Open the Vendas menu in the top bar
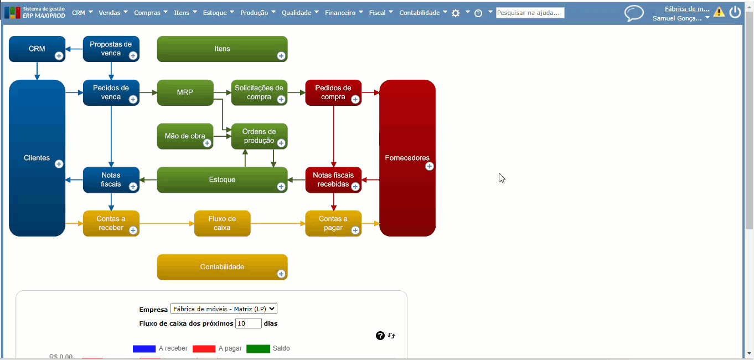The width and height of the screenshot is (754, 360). [x=113, y=13]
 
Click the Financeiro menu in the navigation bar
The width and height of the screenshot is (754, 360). [x=344, y=13]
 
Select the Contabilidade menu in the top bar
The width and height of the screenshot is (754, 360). [x=423, y=13]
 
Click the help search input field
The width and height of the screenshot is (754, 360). [x=530, y=13]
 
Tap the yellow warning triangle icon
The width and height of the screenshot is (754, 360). [x=719, y=12]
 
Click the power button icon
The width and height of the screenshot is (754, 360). [x=735, y=12]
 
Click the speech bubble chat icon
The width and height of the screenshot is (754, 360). [x=634, y=13]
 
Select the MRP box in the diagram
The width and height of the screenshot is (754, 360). [x=185, y=92]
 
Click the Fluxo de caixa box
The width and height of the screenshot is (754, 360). [x=222, y=223]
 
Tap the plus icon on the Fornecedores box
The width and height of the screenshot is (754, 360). [x=429, y=166]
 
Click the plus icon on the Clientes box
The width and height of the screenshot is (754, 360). [x=59, y=164]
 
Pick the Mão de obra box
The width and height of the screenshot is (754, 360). [x=185, y=136]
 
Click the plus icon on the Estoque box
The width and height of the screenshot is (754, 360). [x=281, y=187]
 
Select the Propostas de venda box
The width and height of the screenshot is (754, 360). [x=111, y=49]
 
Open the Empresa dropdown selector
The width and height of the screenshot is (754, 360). [x=224, y=309]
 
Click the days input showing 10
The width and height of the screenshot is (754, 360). [x=248, y=323]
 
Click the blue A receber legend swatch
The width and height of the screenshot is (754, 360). [x=144, y=348]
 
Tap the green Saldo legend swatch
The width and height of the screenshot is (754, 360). [x=258, y=348]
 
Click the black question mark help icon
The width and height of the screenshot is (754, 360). [x=380, y=336]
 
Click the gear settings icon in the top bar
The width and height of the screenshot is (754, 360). [x=456, y=13]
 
